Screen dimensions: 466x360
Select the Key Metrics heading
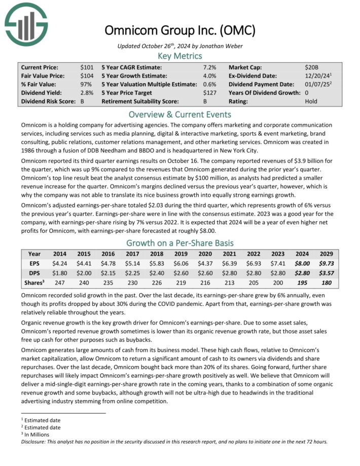pyautogui.click(x=180, y=56)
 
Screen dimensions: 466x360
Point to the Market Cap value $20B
pyautogui.click(x=312, y=67)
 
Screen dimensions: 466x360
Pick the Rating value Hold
pyautogui.click(x=311, y=101)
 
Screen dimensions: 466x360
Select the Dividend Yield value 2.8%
pyautogui.click(x=86, y=93)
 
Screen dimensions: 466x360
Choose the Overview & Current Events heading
pyautogui.click(x=180, y=114)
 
